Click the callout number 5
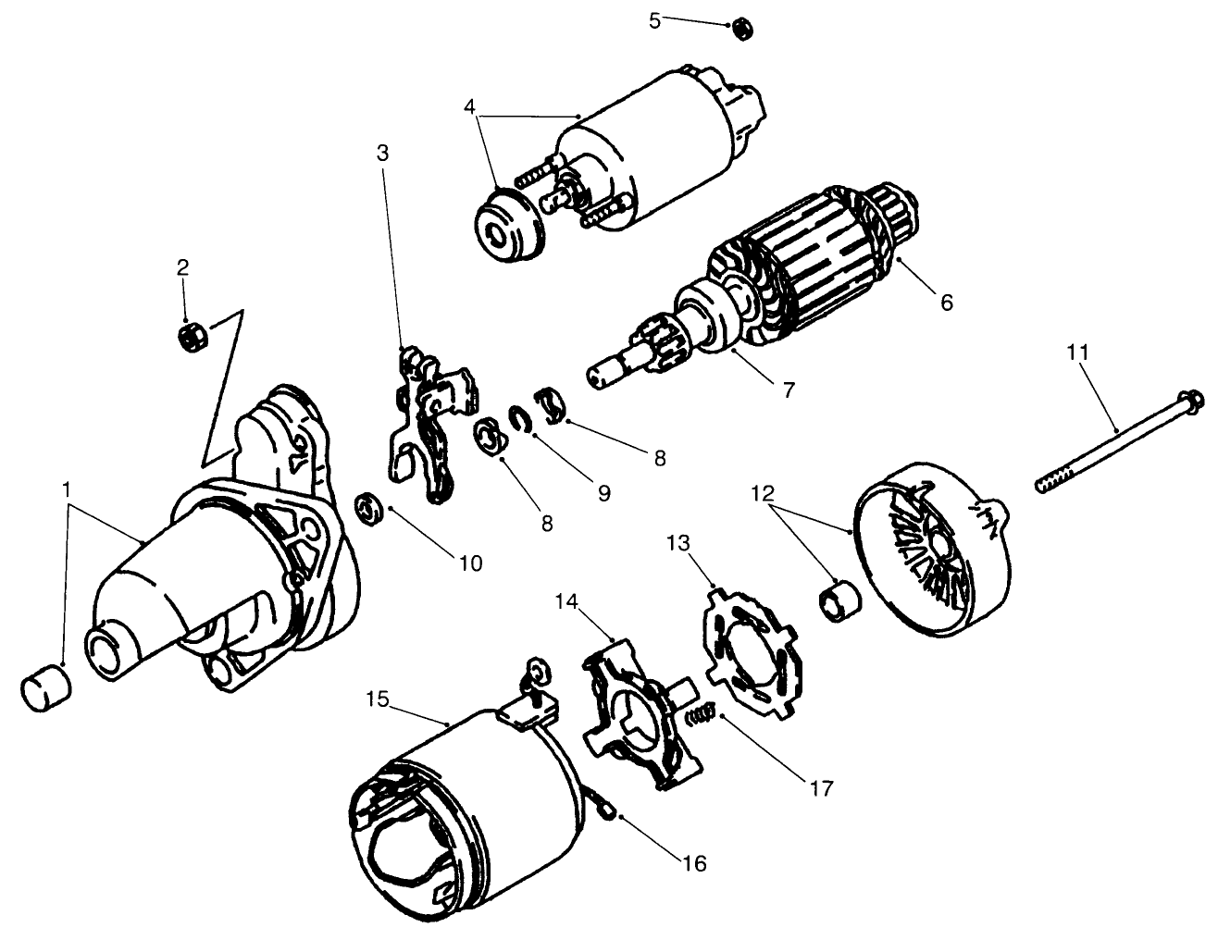click(x=655, y=19)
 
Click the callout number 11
click(x=1077, y=352)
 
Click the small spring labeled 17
click(x=702, y=716)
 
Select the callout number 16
click(x=693, y=863)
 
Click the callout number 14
click(x=567, y=603)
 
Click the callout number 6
click(x=944, y=302)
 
